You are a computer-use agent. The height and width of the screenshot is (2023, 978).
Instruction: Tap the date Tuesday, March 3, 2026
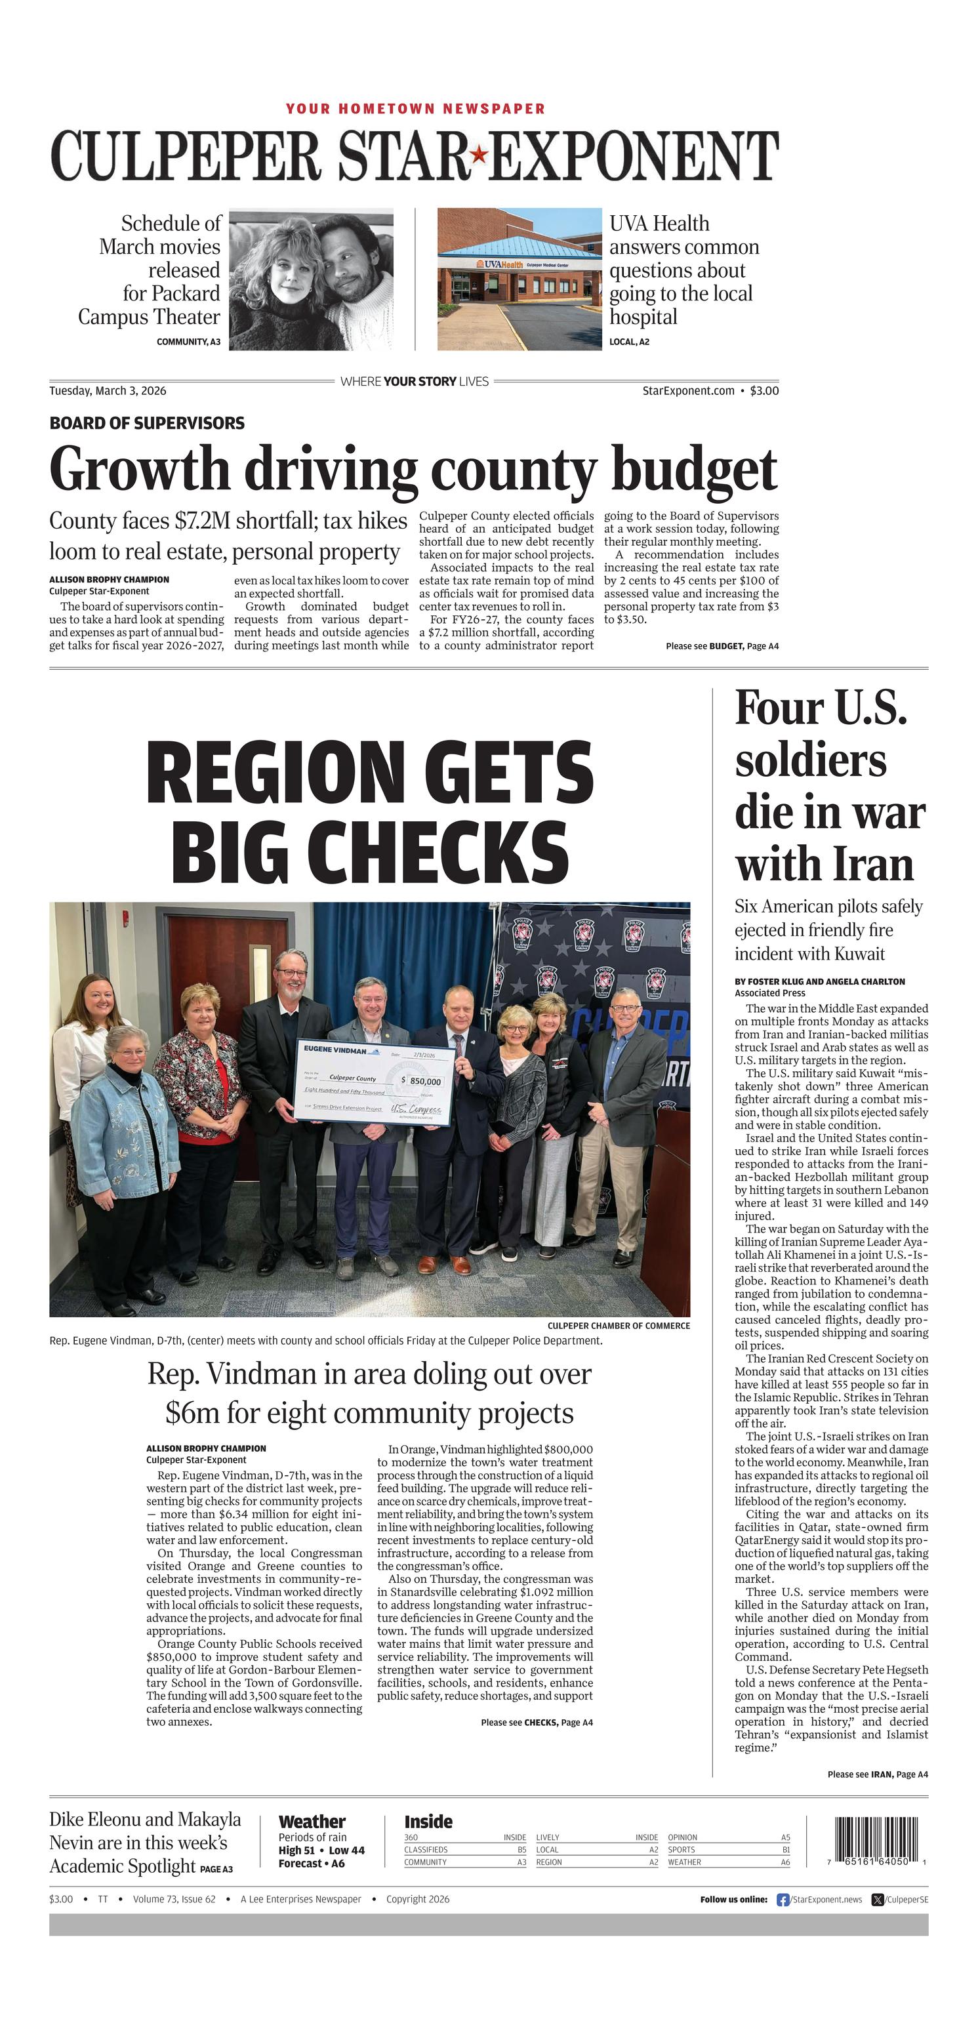(x=108, y=390)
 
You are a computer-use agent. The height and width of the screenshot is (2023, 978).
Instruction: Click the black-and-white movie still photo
(x=311, y=279)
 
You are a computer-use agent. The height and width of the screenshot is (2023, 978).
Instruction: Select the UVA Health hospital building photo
(x=520, y=279)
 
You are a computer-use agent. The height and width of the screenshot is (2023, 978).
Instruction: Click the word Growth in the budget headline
(x=138, y=470)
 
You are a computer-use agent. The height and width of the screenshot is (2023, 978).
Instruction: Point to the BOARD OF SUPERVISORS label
(x=147, y=423)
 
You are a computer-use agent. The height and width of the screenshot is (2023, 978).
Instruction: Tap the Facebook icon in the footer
(x=783, y=1900)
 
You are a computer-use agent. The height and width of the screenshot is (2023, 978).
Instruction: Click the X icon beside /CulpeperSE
(x=878, y=1900)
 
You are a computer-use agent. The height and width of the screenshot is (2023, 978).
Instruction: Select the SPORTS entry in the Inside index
(x=682, y=1849)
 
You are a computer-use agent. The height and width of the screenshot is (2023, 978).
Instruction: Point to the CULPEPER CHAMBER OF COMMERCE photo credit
(x=619, y=1326)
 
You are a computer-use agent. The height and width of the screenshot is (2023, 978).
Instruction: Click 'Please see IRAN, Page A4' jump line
(x=877, y=1774)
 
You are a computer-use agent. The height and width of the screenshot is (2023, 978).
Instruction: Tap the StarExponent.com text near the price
(x=688, y=390)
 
